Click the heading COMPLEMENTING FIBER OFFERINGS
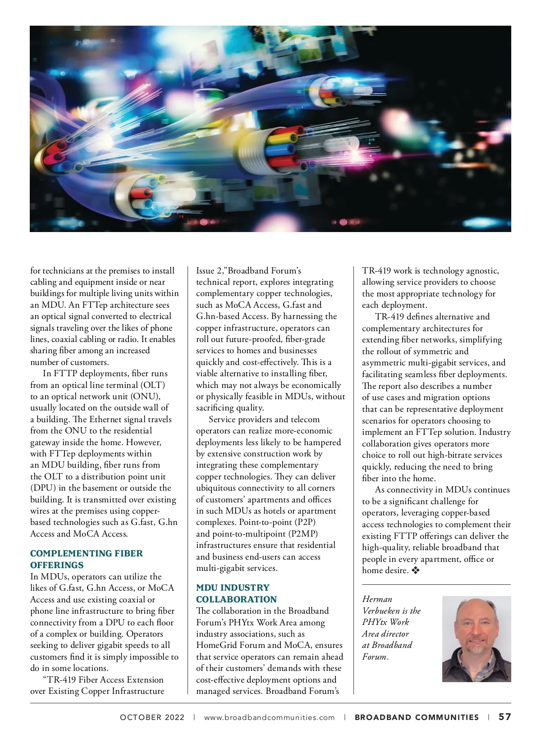tap(86, 559)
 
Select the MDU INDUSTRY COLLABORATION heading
tap(236, 593)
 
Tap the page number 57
tap(504, 717)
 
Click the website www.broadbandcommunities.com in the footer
tap(269, 717)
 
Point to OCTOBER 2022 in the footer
tap(152, 717)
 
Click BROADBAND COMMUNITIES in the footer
tap(417, 717)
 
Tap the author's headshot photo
tap(476, 639)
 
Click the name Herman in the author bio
tap(377, 599)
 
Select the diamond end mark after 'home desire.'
tap(415, 570)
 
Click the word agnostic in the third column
tap(482, 271)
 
